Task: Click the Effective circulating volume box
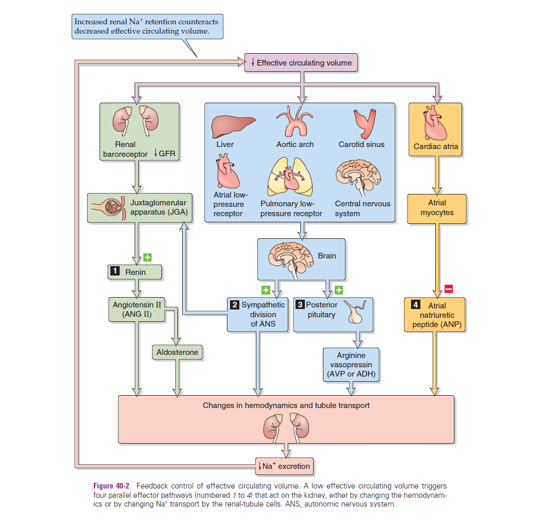click(301, 63)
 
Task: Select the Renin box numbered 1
click(135, 272)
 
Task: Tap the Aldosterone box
click(177, 352)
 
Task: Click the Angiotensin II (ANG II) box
click(137, 309)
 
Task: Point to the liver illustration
click(234, 125)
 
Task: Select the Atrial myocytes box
click(437, 208)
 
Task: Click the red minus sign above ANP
click(448, 289)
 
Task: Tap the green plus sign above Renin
click(147, 257)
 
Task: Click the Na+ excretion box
click(285, 466)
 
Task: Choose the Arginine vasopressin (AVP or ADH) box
click(351, 365)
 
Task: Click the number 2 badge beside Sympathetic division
click(235, 305)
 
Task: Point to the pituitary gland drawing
click(356, 312)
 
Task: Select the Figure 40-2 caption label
click(111, 486)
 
